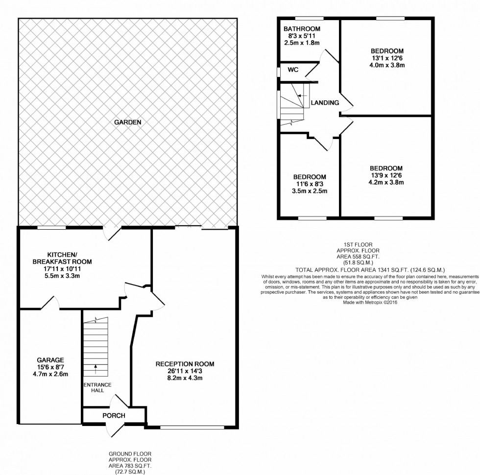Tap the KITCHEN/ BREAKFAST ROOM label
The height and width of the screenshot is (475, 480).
(x=69, y=258)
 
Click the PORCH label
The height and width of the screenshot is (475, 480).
(x=114, y=416)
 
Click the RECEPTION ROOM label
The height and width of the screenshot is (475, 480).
(x=185, y=364)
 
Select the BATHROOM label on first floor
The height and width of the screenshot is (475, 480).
(x=302, y=29)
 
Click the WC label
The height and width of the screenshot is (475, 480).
(x=293, y=70)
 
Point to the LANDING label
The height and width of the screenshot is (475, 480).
(x=325, y=103)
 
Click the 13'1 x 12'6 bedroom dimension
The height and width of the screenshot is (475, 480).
(x=387, y=58)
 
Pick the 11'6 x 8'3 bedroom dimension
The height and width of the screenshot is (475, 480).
(x=310, y=184)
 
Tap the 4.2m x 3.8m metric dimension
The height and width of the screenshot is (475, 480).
(x=386, y=183)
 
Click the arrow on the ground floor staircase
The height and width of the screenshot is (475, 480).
(x=95, y=365)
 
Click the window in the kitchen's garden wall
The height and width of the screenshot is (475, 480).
(x=52, y=228)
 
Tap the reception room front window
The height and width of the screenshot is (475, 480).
(x=192, y=427)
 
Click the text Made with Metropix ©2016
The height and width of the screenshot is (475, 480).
(x=370, y=302)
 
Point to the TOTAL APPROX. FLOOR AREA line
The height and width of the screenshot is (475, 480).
(x=370, y=270)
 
